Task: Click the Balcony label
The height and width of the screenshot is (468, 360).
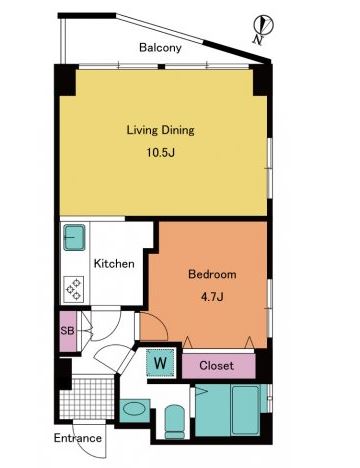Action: (160, 48)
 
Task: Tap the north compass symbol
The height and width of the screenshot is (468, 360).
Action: (263, 27)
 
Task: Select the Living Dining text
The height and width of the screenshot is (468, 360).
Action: (160, 130)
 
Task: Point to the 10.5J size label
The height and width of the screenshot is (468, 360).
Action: (161, 153)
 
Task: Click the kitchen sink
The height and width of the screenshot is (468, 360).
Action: (74, 237)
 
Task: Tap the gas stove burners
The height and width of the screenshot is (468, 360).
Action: (74, 289)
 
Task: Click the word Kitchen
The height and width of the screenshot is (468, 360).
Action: (114, 264)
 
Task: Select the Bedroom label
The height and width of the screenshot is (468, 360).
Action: (212, 274)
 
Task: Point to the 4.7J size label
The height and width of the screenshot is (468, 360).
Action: (212, 296)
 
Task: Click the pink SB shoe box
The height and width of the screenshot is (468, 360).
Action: (68, 331)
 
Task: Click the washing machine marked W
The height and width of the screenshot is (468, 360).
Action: (161, 363)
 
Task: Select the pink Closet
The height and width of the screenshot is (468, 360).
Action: (218, 366)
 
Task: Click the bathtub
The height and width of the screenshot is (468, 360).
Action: (245, 410)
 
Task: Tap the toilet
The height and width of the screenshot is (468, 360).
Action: (175, 421)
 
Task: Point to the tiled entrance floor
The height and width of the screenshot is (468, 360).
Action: (87, 397)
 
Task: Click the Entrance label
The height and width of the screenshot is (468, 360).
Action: (78, 438)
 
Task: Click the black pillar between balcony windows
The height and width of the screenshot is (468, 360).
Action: (161, 67)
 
